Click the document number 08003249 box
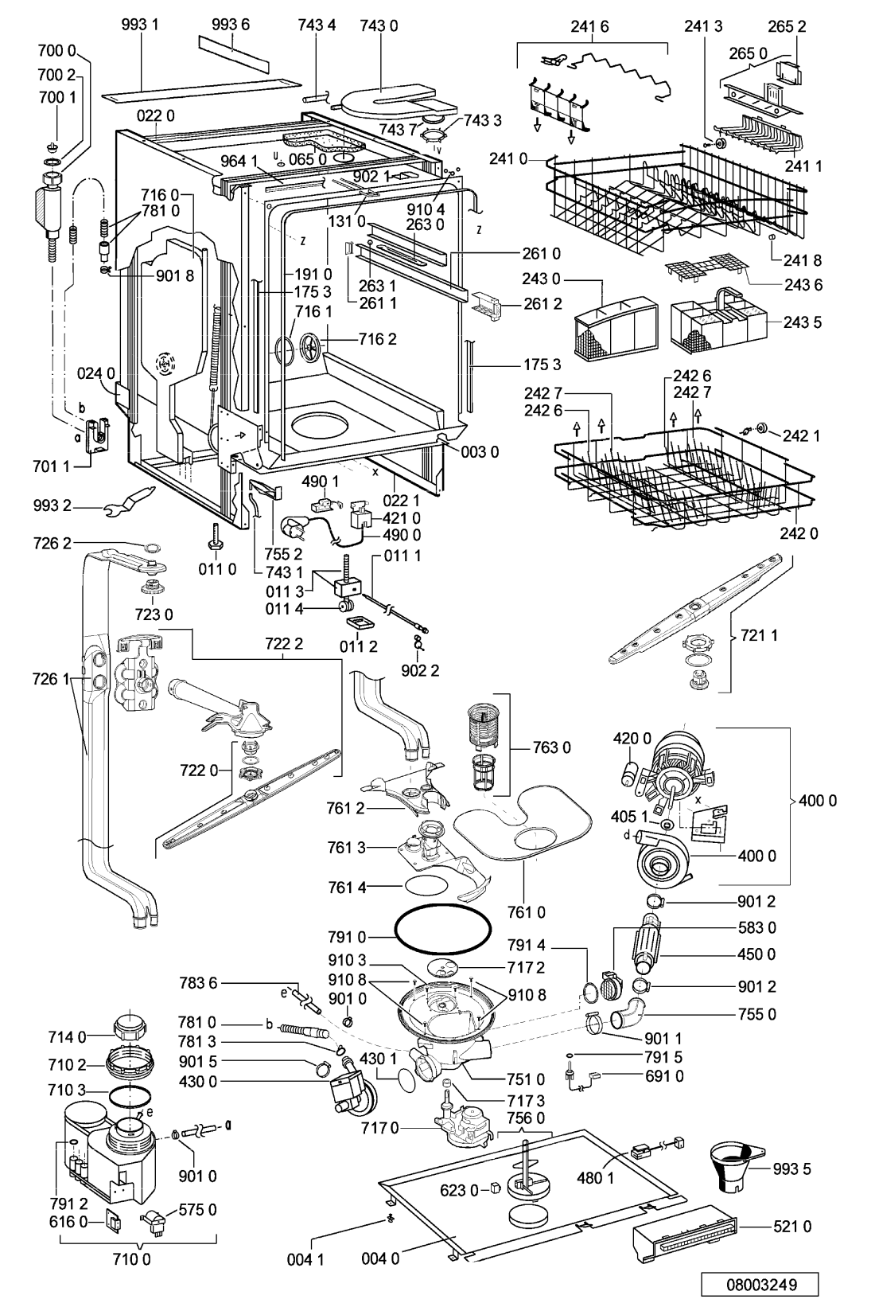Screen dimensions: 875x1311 coord(761,1285)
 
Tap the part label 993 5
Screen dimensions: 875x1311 coord(791,1169)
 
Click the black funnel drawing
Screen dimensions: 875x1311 coord(736,1168)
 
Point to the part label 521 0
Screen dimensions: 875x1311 coord(792,1226)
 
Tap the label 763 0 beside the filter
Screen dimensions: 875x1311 coord(551,747)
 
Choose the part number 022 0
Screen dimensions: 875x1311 coord(156,115)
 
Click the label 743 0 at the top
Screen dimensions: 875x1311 coord(379,25)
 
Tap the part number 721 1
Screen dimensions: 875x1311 coord(759,635)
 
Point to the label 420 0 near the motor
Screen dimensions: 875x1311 coord(632,739)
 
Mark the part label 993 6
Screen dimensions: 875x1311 coord(231,25)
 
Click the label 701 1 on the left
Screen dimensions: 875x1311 coord(52,466)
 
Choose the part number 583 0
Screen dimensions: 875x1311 coord(756,927)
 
